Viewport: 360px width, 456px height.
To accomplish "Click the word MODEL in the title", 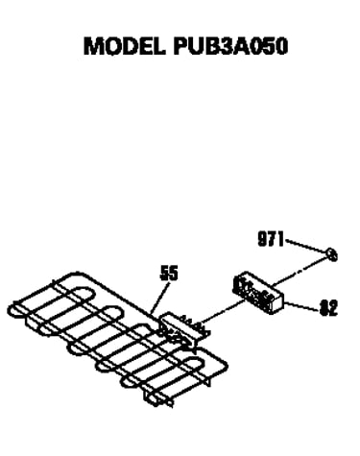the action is (x=125, y=46).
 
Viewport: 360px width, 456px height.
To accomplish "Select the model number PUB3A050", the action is (x=230, y=46).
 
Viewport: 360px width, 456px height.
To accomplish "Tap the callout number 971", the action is (x=271, y=239).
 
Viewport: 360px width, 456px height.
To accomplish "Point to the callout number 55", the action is (x=169, y=274).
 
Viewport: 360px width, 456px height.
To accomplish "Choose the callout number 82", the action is (x=328, y=308).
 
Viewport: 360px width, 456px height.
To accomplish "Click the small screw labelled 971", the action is (x=332, y=255).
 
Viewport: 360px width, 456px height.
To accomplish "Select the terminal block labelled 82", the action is (x=258, y=293).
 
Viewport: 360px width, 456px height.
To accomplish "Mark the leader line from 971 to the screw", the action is (x=306, y=246).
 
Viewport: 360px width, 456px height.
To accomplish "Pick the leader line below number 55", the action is (x=159, y=298).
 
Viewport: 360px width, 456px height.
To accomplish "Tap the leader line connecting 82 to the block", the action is (x=301, y=306).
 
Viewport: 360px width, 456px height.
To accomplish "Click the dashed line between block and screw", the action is (x=300, y=272).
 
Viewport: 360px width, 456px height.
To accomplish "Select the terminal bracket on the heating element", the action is (x=184, y=329).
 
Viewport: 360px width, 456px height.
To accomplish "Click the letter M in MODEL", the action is (x=94, y=46).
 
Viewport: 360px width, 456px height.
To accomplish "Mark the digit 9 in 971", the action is (x=263, y=239).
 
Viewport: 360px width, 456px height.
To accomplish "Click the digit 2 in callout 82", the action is (x=333, y=308).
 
